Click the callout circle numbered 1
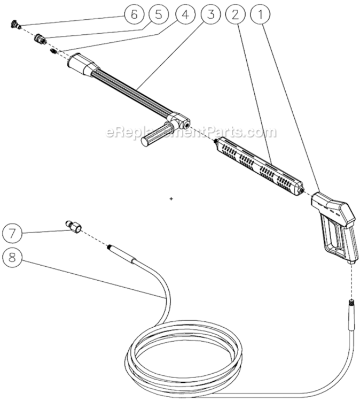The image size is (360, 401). point(261,15)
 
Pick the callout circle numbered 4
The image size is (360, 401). point(184,15)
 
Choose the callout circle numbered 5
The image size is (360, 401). point(159,15)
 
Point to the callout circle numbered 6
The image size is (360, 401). point(134,15)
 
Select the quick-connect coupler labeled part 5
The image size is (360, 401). point(40,39)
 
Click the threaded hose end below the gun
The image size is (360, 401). point(352,309)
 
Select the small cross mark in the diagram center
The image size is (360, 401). point(171,198)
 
